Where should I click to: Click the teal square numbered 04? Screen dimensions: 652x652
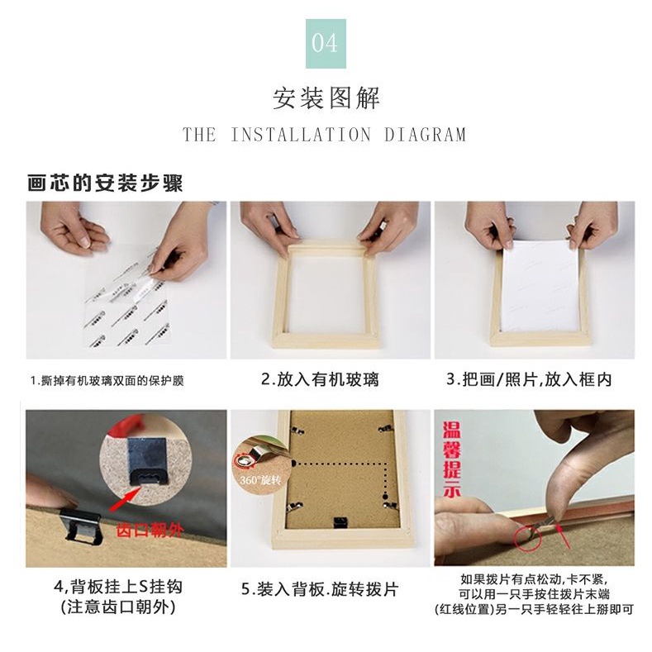(326, 44)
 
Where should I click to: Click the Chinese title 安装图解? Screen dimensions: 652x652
(326, 98)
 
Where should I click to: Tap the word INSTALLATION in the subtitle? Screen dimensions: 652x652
(301, 135)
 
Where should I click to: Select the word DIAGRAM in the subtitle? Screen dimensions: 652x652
(425, 135)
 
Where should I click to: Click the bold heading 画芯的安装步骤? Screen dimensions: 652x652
(105, 183)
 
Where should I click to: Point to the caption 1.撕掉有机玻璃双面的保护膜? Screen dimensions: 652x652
(107, 380)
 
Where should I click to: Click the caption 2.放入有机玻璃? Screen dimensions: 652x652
(320, 379)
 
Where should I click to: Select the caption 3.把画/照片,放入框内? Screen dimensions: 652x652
(529, 379)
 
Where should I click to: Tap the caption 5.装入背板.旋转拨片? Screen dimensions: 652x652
(320, 589)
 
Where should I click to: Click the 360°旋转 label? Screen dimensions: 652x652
(260, 480)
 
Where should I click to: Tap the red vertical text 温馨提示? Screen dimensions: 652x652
(451, 459)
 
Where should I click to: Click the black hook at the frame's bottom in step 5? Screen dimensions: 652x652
(341, 523)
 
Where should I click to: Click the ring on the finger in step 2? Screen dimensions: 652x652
(382, 226)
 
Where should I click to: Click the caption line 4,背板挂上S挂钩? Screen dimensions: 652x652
(118, 587)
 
